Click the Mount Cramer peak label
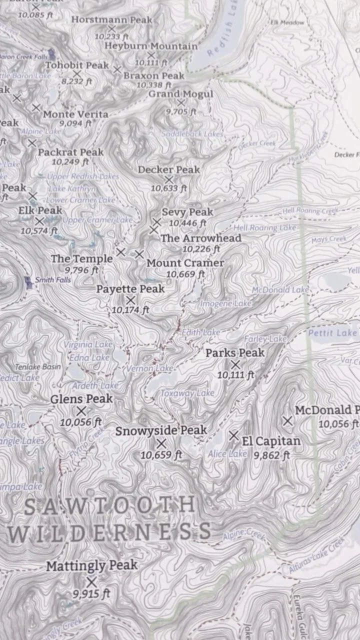pyautogui.click(x=185, y=263)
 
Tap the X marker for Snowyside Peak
pyautogui.click(x=161, y=443)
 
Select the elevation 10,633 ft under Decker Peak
pyautogui.click(x=169, y=188)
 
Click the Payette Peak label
pyautogui.click(x=130, y=289)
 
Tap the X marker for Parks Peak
pyautogui.click(x=235, y=364)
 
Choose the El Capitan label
pyautogui.click(x=271, y=441)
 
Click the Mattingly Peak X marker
pyautogui.click(x=91, y=582)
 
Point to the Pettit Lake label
pyautogui.click(x=332, y=333)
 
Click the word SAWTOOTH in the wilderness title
pyautogui.click(x=109, y=505)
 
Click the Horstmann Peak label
pyautogui.click(x=111, y=20)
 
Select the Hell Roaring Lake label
pyautogui.click(x=265, y=228)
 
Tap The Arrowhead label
pyautogui.click(x=201, y=238)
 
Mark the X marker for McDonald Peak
pyautogui.click(x=287, y=421)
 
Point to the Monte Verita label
pyautogui.click(x=75, y=114)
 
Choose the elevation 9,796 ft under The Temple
pyautogui.click(x=81, y=270)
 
